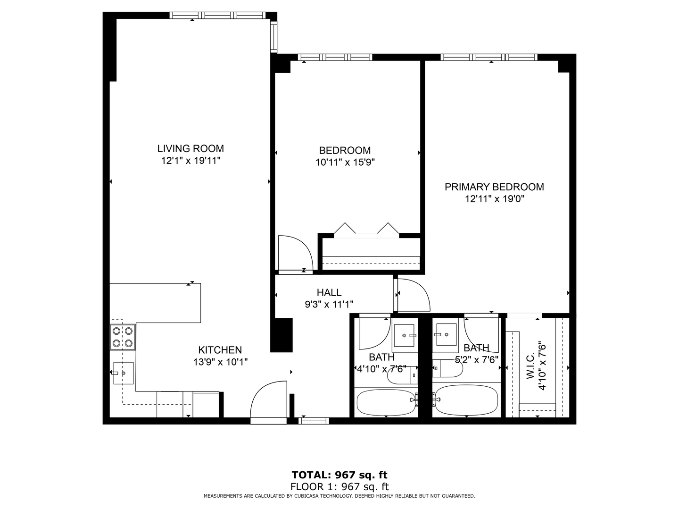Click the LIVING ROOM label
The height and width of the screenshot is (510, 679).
pyautogui.click(x=190, y=149)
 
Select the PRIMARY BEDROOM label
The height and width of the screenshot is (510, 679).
pyautogui.click(x=494, y=187)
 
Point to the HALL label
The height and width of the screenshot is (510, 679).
pyautogui.click(x=329, y=293)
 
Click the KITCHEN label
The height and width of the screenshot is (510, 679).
pyautogui.click(x=220, y=350)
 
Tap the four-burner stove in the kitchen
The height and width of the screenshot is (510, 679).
pyautogui.click(x=123, y=337)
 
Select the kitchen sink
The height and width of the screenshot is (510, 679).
pyautogui.click(x=123, y=373)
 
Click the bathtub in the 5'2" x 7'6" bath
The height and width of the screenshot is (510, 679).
pyautogui.click(x=466, y=400)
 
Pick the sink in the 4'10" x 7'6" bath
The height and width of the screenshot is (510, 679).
pyautogui.click(x=405, y=335)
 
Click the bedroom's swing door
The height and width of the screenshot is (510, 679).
pyautogui.click(x=294, y=253)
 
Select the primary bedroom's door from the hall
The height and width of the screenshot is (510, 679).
pyautogui.click(x=413, y=295)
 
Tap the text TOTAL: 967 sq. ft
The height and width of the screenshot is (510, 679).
pyautogui.click(x=339, y=475)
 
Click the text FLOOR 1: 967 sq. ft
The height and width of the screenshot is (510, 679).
pyautogui.click(x=339, y=486)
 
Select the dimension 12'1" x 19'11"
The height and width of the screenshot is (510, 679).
pyautogui.click(x=190, y=161)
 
